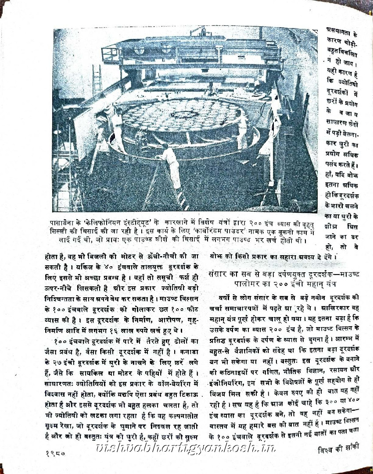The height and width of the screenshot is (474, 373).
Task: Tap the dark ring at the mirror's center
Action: (x=183, y=115)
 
